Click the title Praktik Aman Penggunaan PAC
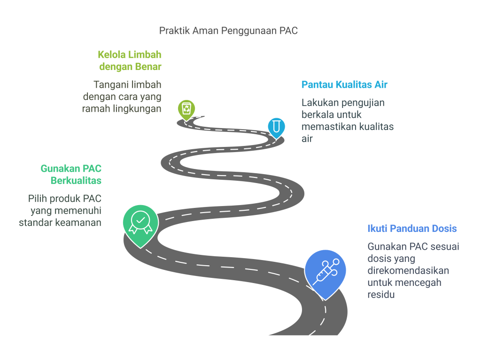(x=228, y=31)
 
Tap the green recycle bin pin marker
(x=186, y=108)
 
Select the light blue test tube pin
(x=276, y=126)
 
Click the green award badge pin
(x=140, y=222)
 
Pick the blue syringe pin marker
(x=325, y=271)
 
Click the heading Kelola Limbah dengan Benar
(x=130, y=61)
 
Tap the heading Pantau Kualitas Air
(x=344, y=85)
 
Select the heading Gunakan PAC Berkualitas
(x=71, y=174)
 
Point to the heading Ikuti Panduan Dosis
(x=412, y=229)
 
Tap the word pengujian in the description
(x=367, y=102)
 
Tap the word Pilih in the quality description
(x=37, y=199)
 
